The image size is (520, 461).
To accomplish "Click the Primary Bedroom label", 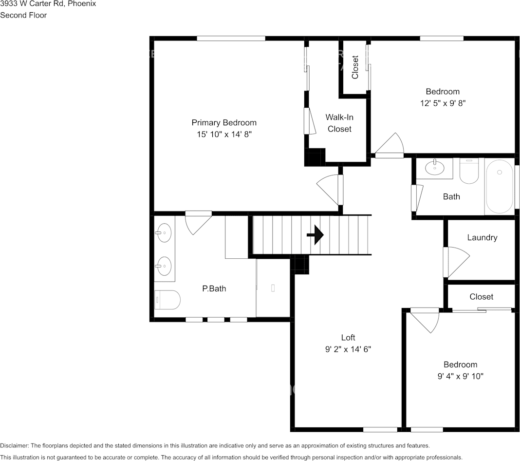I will pos(223,123).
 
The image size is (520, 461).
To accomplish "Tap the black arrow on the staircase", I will pos(316,235).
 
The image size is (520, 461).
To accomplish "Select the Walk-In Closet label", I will pos(339,123).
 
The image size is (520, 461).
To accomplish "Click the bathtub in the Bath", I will pos(499,186).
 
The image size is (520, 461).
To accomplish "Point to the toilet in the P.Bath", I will pos(167,300).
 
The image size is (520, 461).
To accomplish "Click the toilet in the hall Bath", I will pos(469,171).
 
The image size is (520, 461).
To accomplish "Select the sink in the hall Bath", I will pos(434,168).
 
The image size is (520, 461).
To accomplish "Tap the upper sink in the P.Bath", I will pos(164,233).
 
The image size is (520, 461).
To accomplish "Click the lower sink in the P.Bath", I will pos(164,266).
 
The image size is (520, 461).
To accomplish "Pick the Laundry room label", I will pos(482,238).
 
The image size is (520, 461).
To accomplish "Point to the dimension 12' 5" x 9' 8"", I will pos(443,103).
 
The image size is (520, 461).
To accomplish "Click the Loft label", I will pos(348,337).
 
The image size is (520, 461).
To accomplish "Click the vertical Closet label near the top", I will pos(355,67).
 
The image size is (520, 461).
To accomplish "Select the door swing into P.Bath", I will pos(198,222).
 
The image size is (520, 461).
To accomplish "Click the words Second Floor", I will pos(23,15).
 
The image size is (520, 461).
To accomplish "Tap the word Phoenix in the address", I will pos(82,4).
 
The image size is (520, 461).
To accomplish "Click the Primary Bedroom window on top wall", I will pos(231,38).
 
